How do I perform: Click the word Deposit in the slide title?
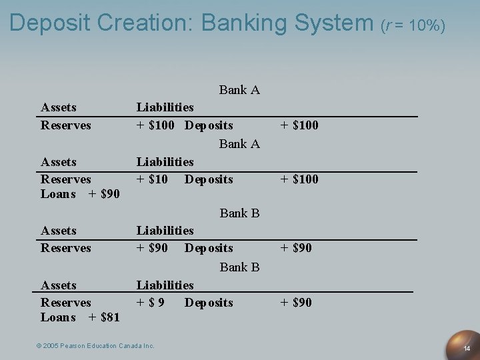51,23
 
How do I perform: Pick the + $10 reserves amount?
152,179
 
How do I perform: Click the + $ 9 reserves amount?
151,303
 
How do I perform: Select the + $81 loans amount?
104,317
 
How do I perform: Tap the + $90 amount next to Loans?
104,194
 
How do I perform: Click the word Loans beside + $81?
58,317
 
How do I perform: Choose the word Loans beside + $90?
58,194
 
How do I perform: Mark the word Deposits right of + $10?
209,179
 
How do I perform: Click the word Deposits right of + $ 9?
209,303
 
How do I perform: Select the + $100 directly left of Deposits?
155,125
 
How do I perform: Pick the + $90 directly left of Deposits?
152,248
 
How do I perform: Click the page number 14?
467,349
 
